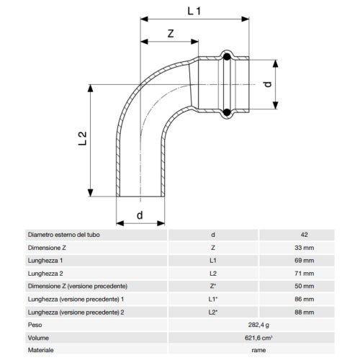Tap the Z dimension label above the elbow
[x=170, y=34]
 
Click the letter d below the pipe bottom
[x=140, y=214]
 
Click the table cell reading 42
[x=305, y=235]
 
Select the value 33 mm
[x=305, y=248]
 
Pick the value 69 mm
[x=305, y=261]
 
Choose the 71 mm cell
[x=305, y=274]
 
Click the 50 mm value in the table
[x=305, y=287]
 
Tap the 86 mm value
[x=305, y=300]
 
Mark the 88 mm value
[x=305, y=312]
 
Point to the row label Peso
[x=35, y=325]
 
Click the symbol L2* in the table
[x=212, y=312]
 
